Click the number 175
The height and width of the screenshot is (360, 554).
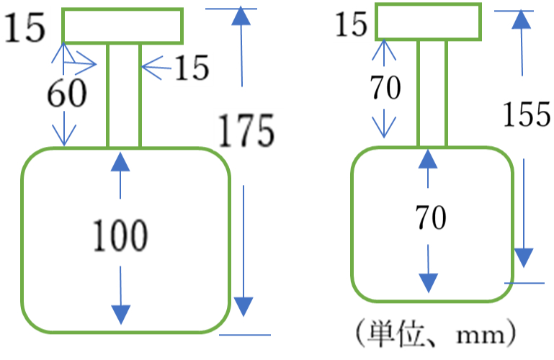coord(246,130)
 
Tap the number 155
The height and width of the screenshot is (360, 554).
coord(527,114)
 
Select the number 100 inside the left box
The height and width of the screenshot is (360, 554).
coord(120,235)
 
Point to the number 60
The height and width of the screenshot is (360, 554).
coord(67,93)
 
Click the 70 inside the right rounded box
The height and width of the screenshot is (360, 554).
coord(431,217)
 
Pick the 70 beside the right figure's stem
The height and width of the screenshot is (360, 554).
coord(385,87)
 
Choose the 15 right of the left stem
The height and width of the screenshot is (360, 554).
coord(192,68)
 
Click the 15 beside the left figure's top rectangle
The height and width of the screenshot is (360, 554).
coord(24,27)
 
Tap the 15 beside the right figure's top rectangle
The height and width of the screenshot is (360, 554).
coord(351,24)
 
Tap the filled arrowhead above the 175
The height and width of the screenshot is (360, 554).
coord(241,16)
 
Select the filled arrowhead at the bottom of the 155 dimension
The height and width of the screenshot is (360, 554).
coord(523,258)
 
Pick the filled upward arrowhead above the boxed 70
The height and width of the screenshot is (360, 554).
coord(428,158)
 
